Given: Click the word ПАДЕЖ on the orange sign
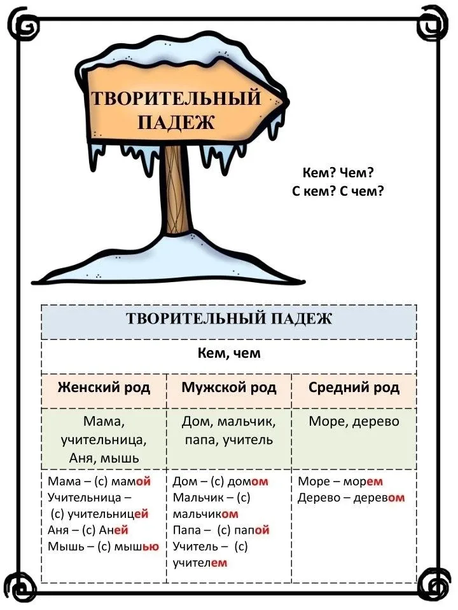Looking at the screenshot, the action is pyautogui.click(x=176, y=122).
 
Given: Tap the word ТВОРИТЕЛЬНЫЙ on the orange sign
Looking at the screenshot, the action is pyautogui.click(x=176, y=97).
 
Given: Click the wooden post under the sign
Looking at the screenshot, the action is pyautogui.click(x=177, y=191).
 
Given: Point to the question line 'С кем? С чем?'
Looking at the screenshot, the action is pyautogui.click(x=338, y=191).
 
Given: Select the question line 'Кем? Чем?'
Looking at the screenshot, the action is pyautogui.click(x=338, y=172).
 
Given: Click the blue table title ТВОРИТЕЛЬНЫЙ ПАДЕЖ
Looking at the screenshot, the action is pyautogui.click(x=229, y=318).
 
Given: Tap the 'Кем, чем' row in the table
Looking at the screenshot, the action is pyautogui.click(x=229, y=353).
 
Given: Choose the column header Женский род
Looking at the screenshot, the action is pyautogui.click(x=104, y=388).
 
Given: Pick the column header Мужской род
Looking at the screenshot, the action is pyautogui.click(x=229, y=388).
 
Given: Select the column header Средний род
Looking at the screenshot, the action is pyautogui.click(x=354, y=388).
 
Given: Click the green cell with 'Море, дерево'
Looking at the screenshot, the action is pyautogui.click(x=354, y=439).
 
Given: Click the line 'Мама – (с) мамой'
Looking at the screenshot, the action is pyautogui.click(x=99, y=482).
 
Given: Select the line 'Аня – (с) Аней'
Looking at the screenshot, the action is pyautogui.click(x=88, y=530).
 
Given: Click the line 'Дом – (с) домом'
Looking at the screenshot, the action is pyautogui.click(x=221, y=482).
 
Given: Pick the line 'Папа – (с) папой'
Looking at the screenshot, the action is pyautogui.click(x=221, y=530).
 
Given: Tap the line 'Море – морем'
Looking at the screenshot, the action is pyautogui.click(x=340, y=482).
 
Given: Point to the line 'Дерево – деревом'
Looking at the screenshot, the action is pyautogui.click(x=351, y=498).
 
